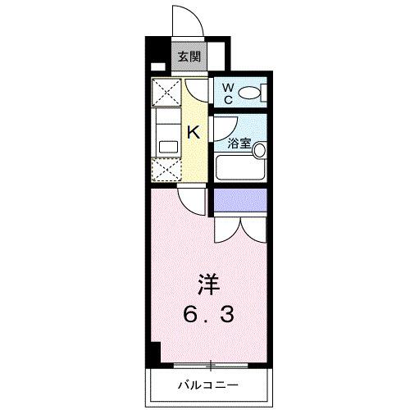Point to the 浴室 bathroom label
[239, 142]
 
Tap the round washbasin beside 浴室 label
[259, 150]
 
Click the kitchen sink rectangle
[168, 146]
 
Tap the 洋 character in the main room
[206, 287]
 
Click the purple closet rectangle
[240, 198]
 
